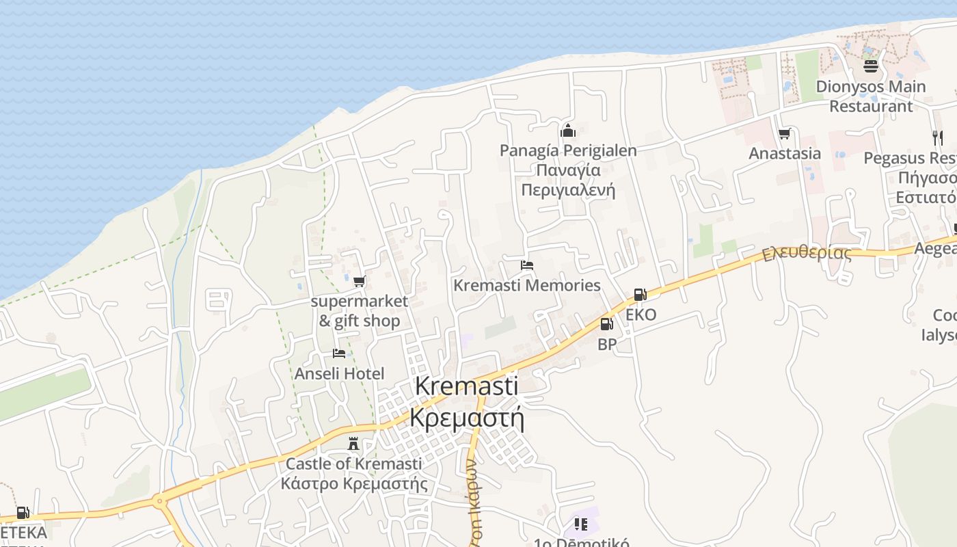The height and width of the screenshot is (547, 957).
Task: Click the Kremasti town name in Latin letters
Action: [467, 386]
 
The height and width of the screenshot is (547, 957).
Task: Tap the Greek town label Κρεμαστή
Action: [467, 416]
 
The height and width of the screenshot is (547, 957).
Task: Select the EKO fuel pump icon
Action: [641, 295]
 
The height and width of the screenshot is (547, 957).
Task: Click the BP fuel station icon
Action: [606, 325]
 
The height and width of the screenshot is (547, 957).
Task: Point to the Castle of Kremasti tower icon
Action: [353, 444]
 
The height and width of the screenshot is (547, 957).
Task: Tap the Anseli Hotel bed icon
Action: [339, 353]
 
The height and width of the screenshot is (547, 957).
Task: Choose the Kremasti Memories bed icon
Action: [526, 265]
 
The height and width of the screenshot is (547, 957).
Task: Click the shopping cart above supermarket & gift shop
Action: [360, 281]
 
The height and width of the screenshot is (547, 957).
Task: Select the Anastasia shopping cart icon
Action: [785, 134]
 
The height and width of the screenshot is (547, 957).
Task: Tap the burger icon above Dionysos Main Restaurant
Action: [870, 66]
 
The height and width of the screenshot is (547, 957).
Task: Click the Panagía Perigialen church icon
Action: [567, 131]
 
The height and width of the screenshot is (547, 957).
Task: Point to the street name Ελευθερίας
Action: [807, 253]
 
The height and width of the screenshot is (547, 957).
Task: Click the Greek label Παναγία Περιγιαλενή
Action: [568, 180]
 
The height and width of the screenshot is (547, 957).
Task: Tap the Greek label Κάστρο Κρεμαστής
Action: [353, 484]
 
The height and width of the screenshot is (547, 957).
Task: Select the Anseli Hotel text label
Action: [339, 373]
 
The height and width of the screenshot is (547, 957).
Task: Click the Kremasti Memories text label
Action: [527, 285]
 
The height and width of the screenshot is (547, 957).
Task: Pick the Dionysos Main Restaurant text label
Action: [871, 96]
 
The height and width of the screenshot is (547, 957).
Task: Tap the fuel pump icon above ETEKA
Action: [23, 512]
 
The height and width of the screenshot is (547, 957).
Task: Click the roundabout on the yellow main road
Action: [160, 501]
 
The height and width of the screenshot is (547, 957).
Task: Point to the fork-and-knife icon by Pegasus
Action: [937, 138]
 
